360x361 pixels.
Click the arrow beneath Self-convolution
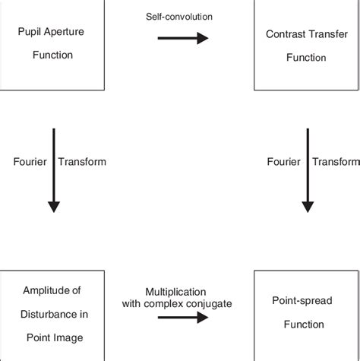click(x=182, y=38)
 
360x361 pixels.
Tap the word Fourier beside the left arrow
click(x=29, y=161)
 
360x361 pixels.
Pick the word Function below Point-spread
click(x=304, y=324)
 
